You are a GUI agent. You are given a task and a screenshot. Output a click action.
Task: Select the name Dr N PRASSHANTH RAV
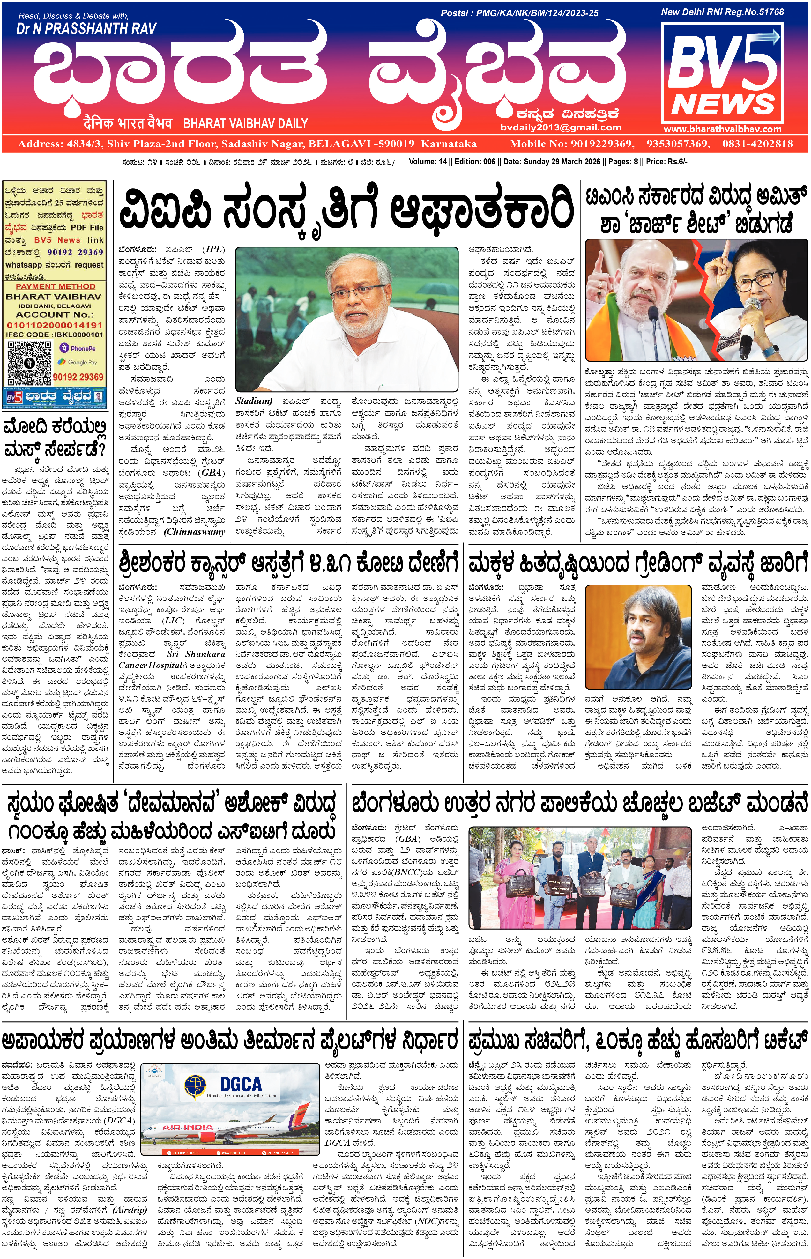[x=86, y=29]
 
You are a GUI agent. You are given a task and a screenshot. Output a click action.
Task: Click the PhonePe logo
[x=78, y=348]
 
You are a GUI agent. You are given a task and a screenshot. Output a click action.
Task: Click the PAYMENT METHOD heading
[x=55, y=286]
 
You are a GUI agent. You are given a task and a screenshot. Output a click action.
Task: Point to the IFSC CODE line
[x=54, y=335]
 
